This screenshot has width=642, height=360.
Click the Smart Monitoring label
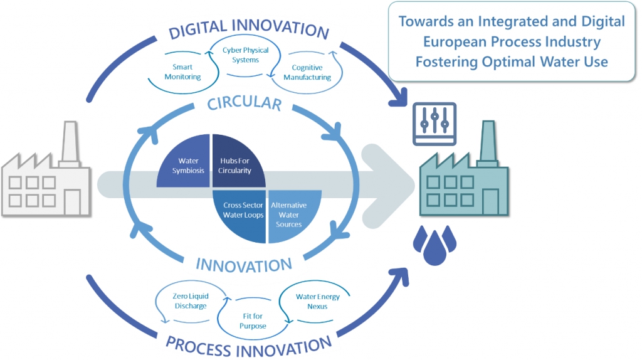(x=182, y=71)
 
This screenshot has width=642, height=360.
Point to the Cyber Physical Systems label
(x=246, y=55)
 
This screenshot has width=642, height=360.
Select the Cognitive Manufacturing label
(x=307, y=72)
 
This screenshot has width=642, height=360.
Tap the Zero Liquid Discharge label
(x=191, y=300)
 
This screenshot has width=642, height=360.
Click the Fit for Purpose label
(x=253, y=320)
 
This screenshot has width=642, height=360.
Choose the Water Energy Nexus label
(x=318, y=302)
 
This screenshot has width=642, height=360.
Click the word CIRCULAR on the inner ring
(x=245, y=103)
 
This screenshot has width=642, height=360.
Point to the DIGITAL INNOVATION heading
(x=249, y=29)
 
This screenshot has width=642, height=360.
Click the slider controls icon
(x=434, y=124)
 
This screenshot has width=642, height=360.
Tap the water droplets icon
(x=434, y=245)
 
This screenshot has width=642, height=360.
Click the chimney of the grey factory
(x=70, y=144)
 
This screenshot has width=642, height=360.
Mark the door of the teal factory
(x=490, y=201)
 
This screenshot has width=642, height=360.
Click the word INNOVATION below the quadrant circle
(x=244, y=265)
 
